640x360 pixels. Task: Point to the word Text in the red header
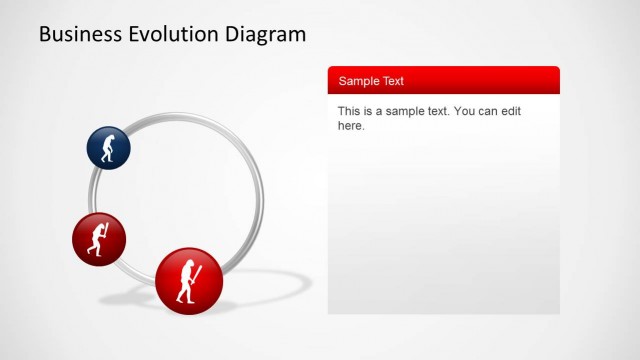[x=393, y=81]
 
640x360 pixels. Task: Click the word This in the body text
[x=350, y=111]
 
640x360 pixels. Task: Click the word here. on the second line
[x=351, y=126]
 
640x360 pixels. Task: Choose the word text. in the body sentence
[x=437, y=111]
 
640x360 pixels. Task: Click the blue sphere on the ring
[x=108, y=148]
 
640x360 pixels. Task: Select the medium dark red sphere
[x=98, y=239]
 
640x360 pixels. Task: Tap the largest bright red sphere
[x=188, y=281]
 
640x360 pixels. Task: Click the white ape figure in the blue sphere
[x=109, y=149]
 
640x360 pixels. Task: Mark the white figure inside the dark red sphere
[x=98, y=240]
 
